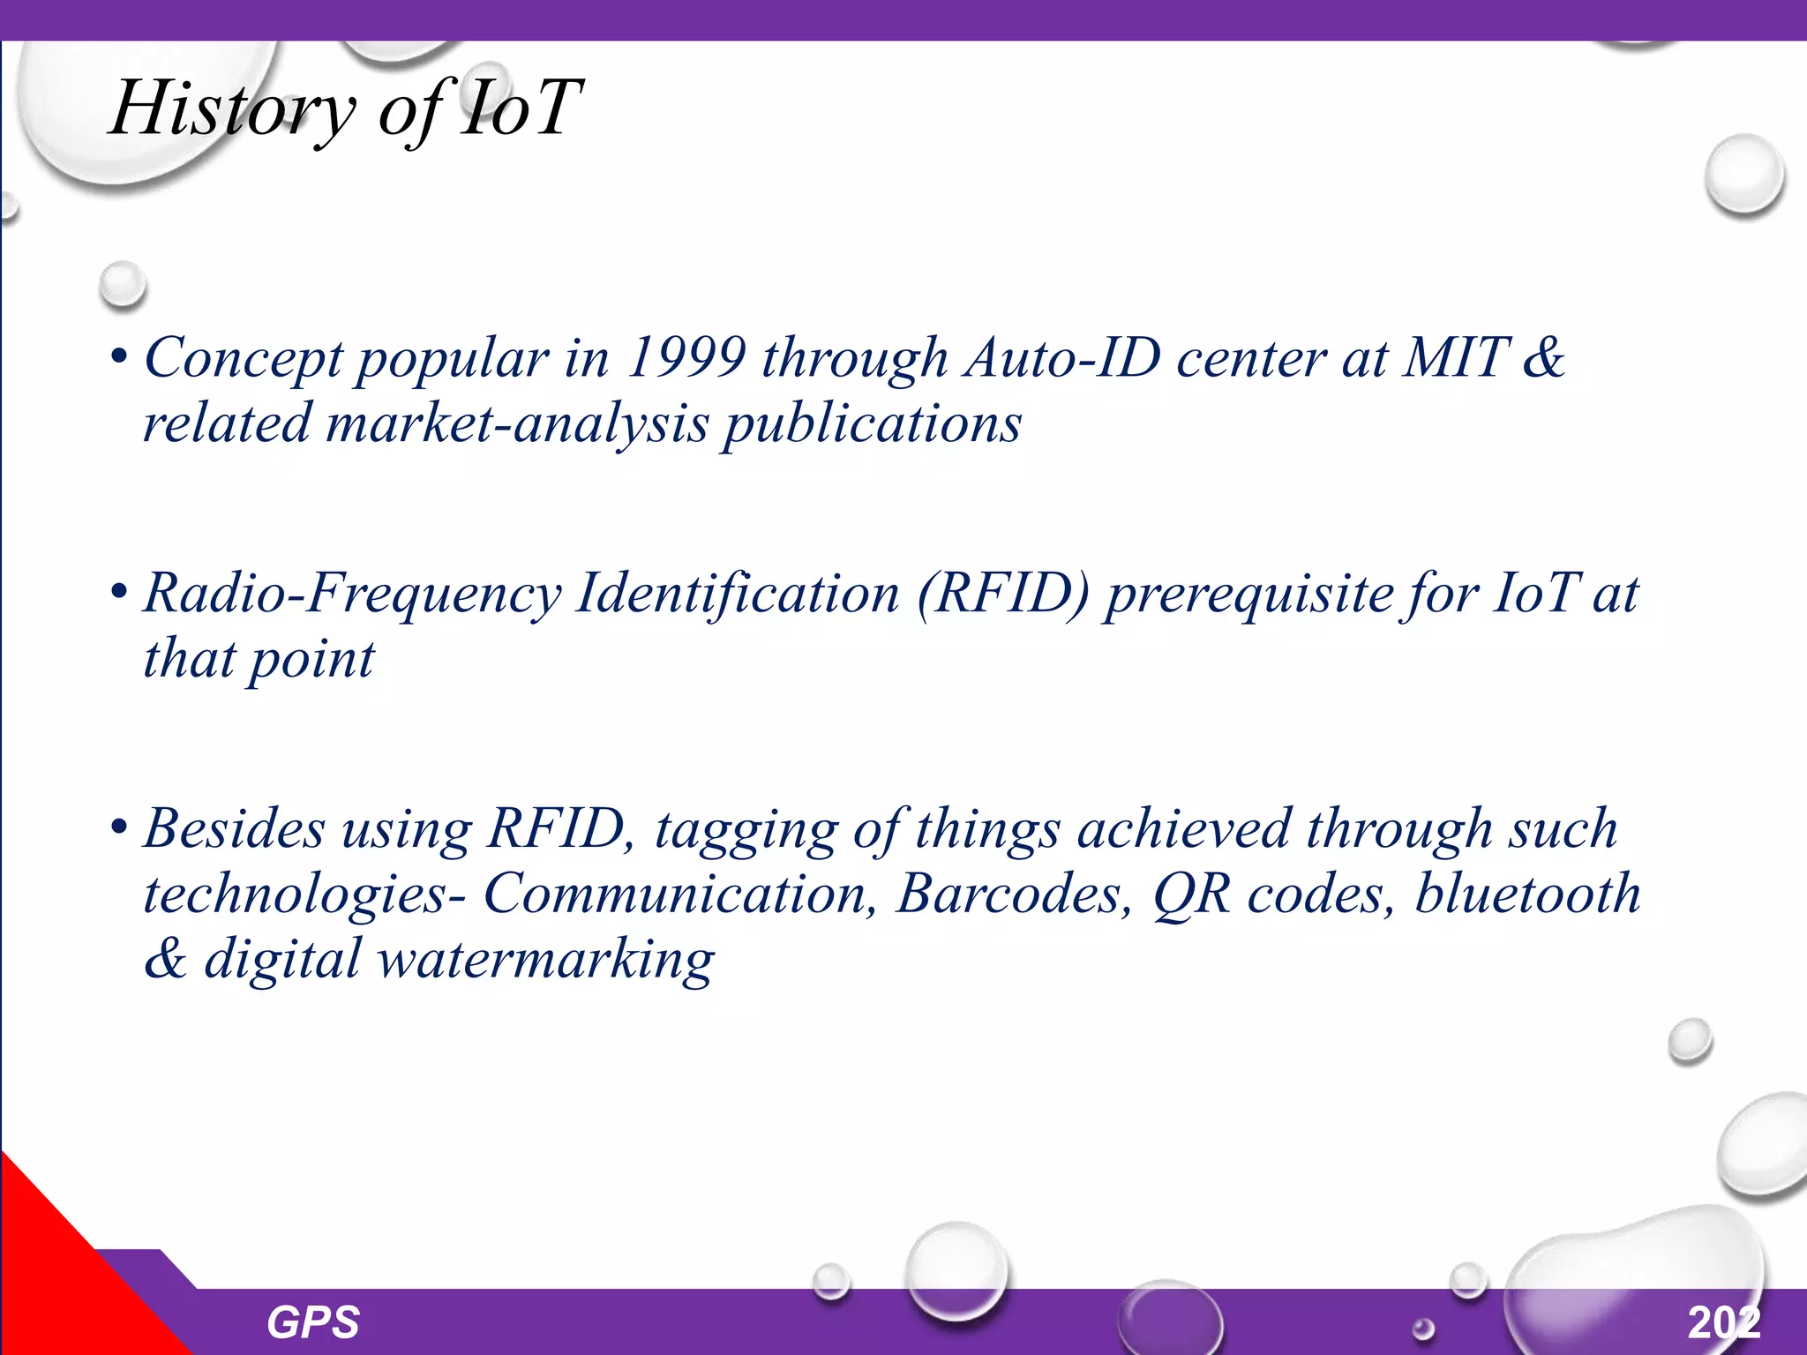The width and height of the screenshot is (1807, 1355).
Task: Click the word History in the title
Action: click(x=231, y=109)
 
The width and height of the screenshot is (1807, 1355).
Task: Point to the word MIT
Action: click(x=1456, y=358)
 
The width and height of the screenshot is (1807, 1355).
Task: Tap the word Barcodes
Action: click(x=1014, y=895)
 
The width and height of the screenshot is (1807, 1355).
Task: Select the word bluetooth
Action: click(x=1527, y=895)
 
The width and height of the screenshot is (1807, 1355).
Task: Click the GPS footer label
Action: click(x=312, y=1322)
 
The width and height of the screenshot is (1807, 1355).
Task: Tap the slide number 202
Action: click(x=1724, y=1322)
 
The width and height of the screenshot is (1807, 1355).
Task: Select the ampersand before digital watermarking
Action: click(x=166, y=960)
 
